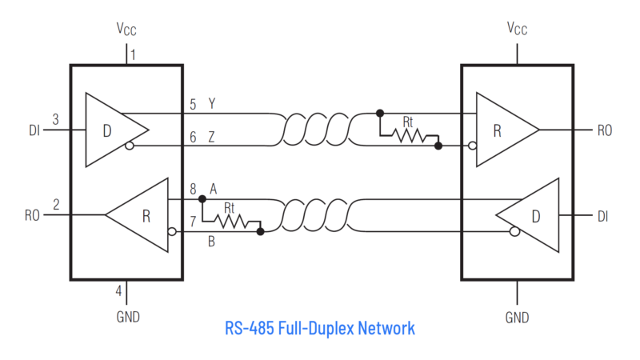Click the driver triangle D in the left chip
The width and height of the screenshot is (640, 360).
pyautogui.click(x=112, y=130)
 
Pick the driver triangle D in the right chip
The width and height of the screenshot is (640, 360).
pyautogui.click(x=532, y=215)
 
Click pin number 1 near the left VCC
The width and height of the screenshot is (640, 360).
pyautogui.click(x=134, y=55)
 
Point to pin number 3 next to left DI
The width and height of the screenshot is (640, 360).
pyautogui.click(x=55, y=119)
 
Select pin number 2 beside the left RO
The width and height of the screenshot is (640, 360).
pyautogui.click(x=55, y=205)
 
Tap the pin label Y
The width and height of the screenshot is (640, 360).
pyautogui.click(x=211, y=104)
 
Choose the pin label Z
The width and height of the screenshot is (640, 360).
pyautogui.click(x=211, y=138)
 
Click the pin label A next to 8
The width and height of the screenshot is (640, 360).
pyautogui.click(x=214, y=189)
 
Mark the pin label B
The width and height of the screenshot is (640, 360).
pyautogui.click(x=211, y=241)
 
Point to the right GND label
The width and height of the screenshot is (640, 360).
pyautogui.click(x=518, y=318)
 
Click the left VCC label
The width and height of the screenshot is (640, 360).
pyautogui.click(x=126, y=30)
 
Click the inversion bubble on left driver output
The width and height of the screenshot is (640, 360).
pyautogui.click(x=130, y=146)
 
